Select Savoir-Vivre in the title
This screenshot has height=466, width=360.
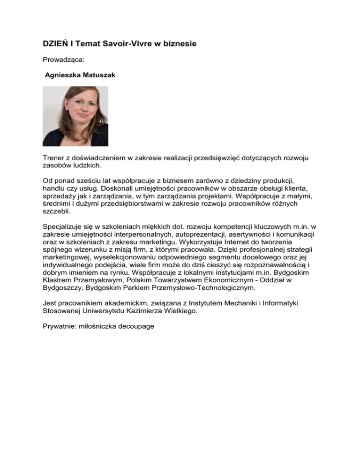point(131,44)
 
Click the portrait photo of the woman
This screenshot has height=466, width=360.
point(75,116)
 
